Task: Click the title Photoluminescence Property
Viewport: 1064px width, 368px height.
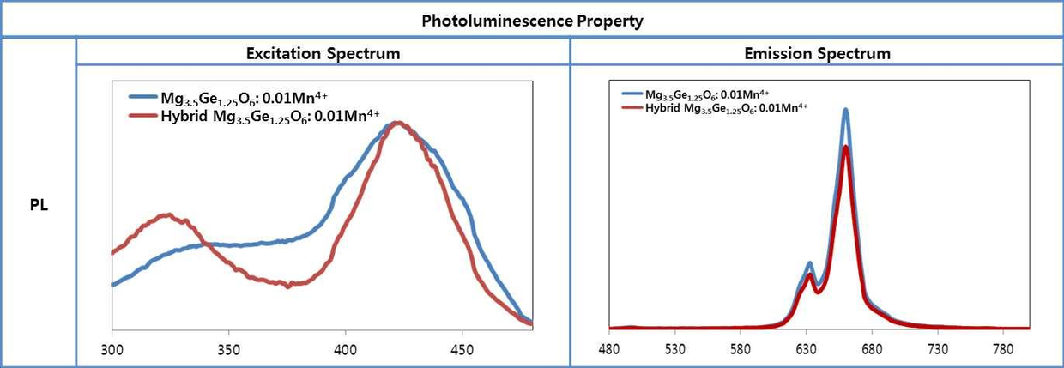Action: tap(532, 21)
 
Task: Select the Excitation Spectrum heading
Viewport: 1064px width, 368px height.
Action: tap(323, 53)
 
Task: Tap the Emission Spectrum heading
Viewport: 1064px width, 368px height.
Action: tap(816, 53)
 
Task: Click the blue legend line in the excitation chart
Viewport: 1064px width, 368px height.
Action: tap(142, 97)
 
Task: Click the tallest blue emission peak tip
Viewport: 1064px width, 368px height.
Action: tap(846, 110)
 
